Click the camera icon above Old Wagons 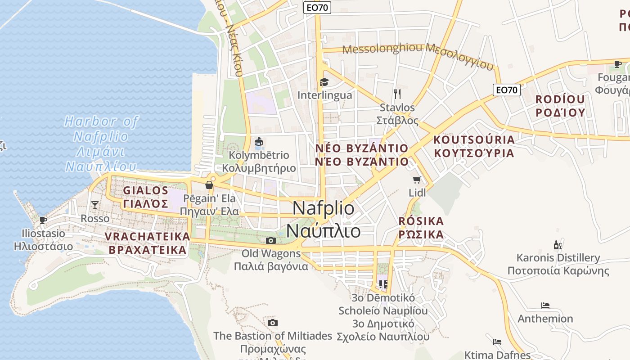[271, 240]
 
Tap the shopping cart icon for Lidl [417, 180]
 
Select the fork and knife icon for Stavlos [397, 94]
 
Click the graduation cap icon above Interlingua [324, 82]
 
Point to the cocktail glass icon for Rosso [94, 205]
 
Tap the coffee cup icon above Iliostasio [43, 220]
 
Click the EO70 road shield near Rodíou [506, 90]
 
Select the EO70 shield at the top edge [317, 7]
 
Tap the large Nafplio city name [323, 208]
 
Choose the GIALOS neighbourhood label [145, 190]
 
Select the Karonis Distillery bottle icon [558, 245]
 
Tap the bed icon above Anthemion [545, 306]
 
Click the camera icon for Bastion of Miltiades [272, 323]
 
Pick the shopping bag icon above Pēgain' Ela [209, 184]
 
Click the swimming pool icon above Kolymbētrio [259, 142]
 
